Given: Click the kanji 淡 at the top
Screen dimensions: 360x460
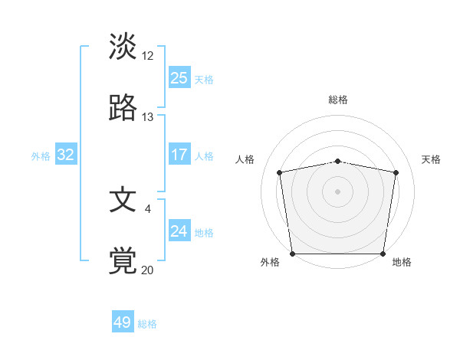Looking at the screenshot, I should (123, 47).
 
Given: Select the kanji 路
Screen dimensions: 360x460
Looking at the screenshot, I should (123, 108).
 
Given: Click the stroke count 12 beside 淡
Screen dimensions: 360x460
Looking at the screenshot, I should (148, 55).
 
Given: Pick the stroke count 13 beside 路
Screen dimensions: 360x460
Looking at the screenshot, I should (148, 116).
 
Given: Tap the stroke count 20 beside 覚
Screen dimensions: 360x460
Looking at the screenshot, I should (148, 270).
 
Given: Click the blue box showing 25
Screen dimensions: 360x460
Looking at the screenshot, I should (179, 77).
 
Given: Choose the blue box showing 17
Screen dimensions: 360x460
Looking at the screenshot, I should (179, 155).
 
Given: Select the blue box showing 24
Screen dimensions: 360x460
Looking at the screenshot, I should (179, 231).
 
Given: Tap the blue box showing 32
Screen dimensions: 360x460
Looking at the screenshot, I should (66, 155).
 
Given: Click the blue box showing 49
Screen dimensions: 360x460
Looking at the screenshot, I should (123, 322).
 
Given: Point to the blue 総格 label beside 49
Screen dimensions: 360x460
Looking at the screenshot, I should (148, 324).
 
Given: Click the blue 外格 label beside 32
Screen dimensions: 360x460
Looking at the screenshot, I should (41, 156).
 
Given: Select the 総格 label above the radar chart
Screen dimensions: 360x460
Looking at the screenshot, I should (338, 100).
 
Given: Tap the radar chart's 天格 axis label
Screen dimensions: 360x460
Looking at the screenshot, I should (432, 159).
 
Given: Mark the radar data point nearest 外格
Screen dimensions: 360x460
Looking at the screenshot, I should (293, 254).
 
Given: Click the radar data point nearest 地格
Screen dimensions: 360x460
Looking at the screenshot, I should (383, 254).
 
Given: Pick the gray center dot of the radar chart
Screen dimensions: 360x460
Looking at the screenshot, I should (338, 191).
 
